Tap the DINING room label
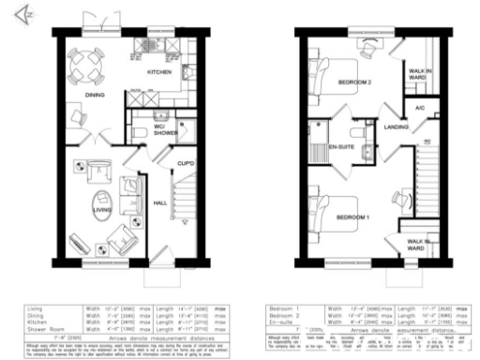pos(93,94)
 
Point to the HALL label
pos(160,202)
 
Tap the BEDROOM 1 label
pos(354,217)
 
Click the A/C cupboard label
pos(419,107)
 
